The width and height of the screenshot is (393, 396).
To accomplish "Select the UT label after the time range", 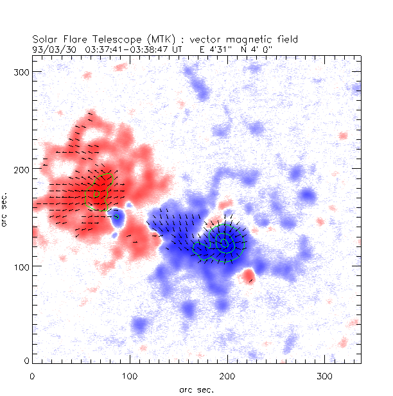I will coord(178,47).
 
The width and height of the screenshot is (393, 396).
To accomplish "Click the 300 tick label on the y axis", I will coord(24,71).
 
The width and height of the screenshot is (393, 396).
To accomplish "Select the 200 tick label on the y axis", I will coord(24,169).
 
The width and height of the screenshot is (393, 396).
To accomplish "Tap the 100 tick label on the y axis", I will coord(24,266).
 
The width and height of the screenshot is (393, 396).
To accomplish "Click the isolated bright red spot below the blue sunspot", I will coord(249,277).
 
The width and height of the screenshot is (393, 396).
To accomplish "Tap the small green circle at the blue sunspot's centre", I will coord(223,241).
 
